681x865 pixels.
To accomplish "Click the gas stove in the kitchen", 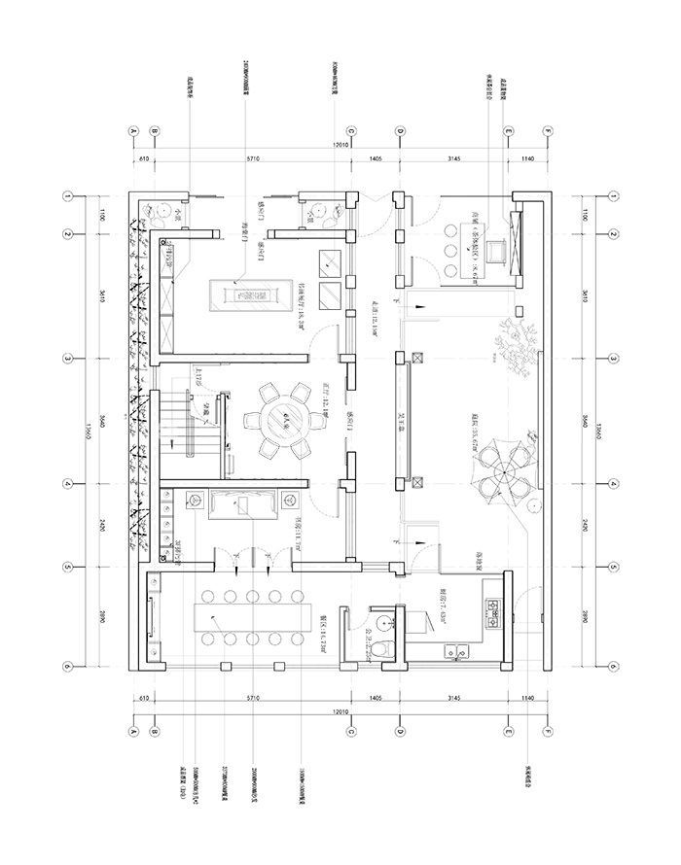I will pos(492,609).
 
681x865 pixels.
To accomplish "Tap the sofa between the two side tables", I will pos(236,503).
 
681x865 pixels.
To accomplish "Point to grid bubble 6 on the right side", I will pos(614,667).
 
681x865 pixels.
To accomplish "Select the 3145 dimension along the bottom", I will pos(453,698).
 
